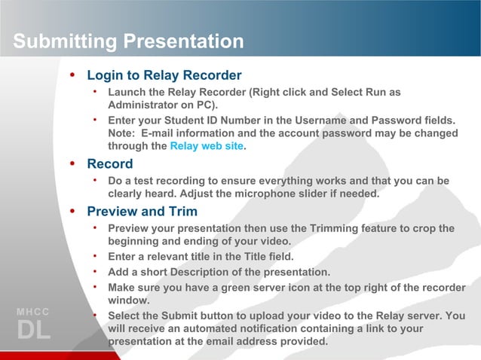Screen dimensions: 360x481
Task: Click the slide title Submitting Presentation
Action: tap(128, 41)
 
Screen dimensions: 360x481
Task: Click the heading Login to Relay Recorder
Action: tap(164, 75)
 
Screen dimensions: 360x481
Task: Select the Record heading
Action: tap(109, 163)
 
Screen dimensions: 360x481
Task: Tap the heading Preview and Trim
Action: tap(142, 212)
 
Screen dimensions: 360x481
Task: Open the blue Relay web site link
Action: tap(207, 146)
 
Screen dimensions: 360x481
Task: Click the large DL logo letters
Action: tap(33, 330)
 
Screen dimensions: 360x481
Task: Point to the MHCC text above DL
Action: tap(33, 312)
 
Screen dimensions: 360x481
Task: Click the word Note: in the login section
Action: tap(124, 133)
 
